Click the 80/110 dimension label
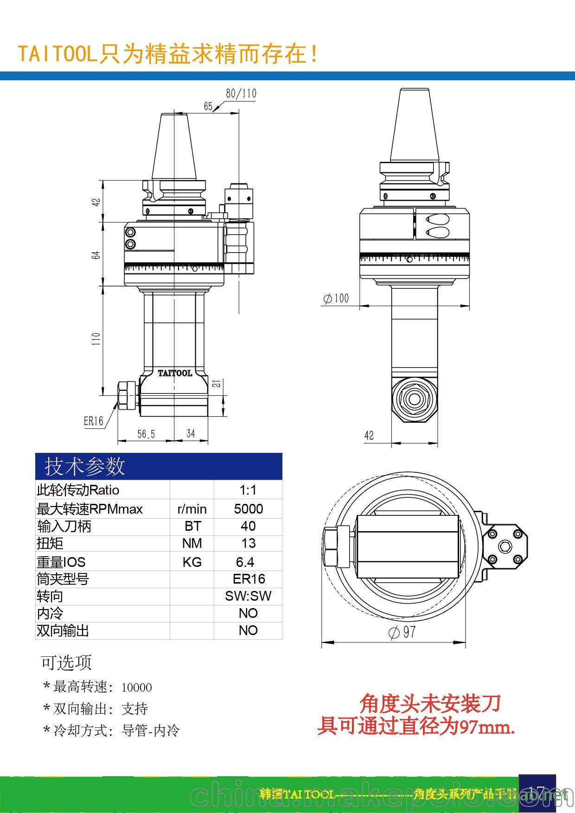click(241, 93)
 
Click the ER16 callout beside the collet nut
click(93, 421)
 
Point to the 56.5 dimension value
click(146, 434)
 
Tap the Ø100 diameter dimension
click(336, 298)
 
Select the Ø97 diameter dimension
click(402, 632)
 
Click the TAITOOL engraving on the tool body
click(175, 373)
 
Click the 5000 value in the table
click(248, 509)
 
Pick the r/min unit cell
click(192, 509)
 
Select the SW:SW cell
click(248, 596)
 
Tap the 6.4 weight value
click(245, 562)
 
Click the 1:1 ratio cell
click(248, 490)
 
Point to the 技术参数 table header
click(85, 466)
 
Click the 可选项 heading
click(66, 662)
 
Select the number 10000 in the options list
click(136, 687)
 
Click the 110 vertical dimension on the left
click(96, 339)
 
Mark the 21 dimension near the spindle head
click(217, 383)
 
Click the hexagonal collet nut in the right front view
click(414, 399)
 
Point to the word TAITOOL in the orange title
click(57, 54)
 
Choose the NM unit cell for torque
click(192, 543)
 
